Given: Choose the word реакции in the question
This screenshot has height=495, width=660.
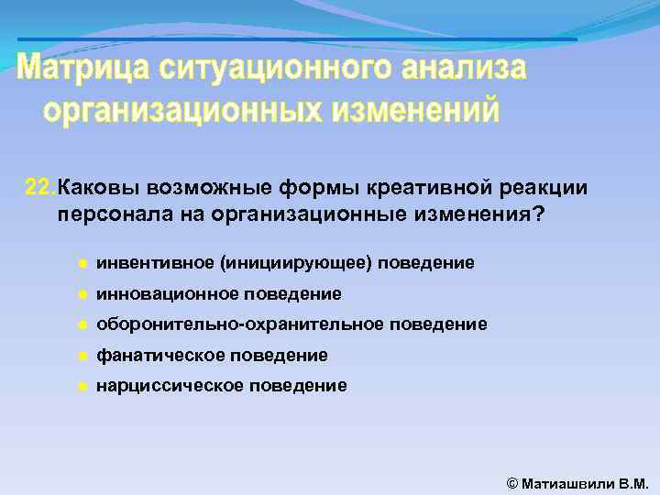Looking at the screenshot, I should click(547, 187).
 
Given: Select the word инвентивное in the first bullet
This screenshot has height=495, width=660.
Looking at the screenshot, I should click(155, 263).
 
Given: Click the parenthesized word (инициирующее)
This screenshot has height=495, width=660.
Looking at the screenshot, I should click(295, 263).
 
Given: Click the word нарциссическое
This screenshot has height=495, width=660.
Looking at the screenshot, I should click(170, 385).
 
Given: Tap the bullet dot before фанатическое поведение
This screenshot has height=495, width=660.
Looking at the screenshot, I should click(82, 356).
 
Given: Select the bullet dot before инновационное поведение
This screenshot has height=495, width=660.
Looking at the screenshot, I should click(82, 294).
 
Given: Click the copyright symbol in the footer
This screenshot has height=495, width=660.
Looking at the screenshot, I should click(512, 481).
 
